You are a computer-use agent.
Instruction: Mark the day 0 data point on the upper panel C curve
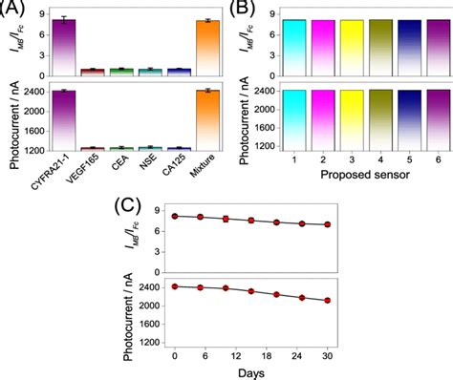click(174, 217)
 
